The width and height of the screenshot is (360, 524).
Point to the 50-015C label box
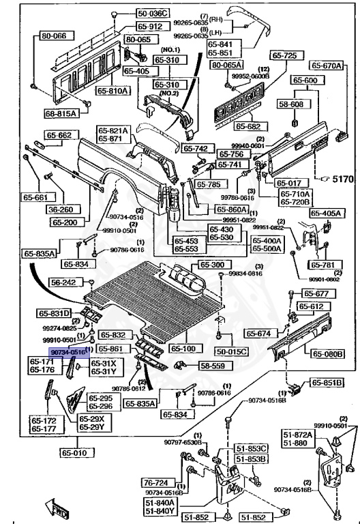pos(232,351)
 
